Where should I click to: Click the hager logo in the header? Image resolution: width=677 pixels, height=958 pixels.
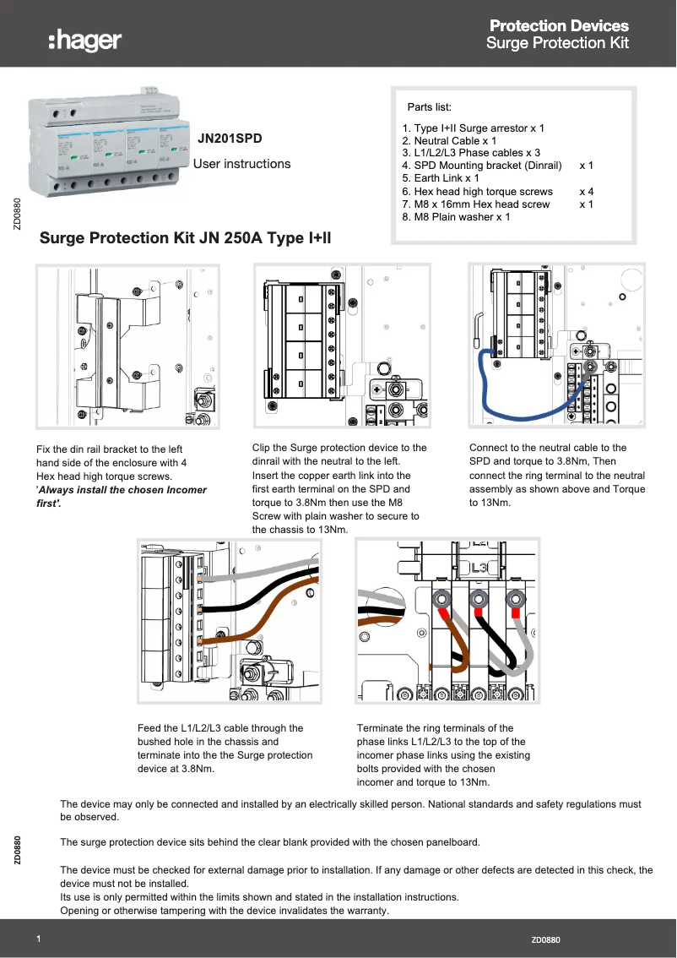click(x=85, y=40)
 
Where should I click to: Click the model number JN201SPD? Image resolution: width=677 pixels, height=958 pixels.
click(x=230, y=137)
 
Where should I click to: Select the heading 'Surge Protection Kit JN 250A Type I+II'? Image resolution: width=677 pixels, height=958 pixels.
click(x=186, y=238)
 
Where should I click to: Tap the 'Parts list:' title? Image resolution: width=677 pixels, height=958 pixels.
click(x=430, y=107)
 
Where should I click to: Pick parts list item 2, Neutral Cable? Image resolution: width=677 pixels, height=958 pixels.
click(x=449, y=141)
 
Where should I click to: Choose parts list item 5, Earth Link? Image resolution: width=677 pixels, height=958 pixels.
click(x=441, y=179)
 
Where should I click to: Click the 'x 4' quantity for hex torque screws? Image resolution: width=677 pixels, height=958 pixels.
click(x=586, y=192)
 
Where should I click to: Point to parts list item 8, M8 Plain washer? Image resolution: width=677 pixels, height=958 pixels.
click(x=456, y=217)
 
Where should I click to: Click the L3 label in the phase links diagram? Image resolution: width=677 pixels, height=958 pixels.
click(x=479, y=569)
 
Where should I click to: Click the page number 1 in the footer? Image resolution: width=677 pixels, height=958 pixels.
click(x=39, y=939)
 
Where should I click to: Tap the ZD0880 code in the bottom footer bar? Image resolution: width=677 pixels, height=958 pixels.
click(x=545, y=940)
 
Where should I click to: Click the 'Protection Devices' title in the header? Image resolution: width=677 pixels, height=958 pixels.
click(x=559, y=26)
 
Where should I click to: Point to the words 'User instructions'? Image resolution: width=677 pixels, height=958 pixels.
click(x=242, y=164)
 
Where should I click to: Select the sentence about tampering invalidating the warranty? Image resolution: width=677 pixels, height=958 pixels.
click(x=224, y=911)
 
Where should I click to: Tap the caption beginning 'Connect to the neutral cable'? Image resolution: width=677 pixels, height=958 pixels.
click(x=557, y=475)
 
